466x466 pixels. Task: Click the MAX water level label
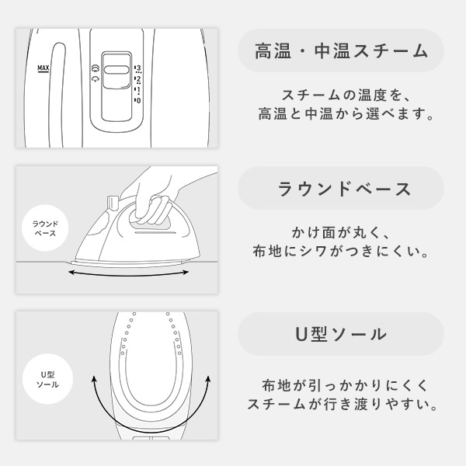point(43,68)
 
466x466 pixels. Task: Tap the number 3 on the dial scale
point(138,68)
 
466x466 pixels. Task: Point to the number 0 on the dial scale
point(138,100)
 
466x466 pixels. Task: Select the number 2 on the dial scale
point(138,79)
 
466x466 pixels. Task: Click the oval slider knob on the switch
point(116,70)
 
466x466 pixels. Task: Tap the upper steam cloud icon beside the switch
point(95,68)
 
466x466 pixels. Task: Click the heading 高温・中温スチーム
point(341,50)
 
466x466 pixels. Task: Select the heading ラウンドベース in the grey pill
point(344,189)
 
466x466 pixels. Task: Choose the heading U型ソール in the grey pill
point(341,334)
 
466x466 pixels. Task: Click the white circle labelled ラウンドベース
point(45,228)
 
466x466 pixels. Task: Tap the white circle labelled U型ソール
point(47,379)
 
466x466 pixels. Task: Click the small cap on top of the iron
point(113,203)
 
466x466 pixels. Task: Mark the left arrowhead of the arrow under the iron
point(71,272)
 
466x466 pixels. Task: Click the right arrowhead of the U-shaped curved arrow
point(208,380)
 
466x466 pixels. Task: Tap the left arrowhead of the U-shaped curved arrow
point(94,380)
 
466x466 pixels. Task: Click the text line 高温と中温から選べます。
point(345,113)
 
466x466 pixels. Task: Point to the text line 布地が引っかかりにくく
point(344,386)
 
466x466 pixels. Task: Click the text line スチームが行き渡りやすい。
point(342,404)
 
